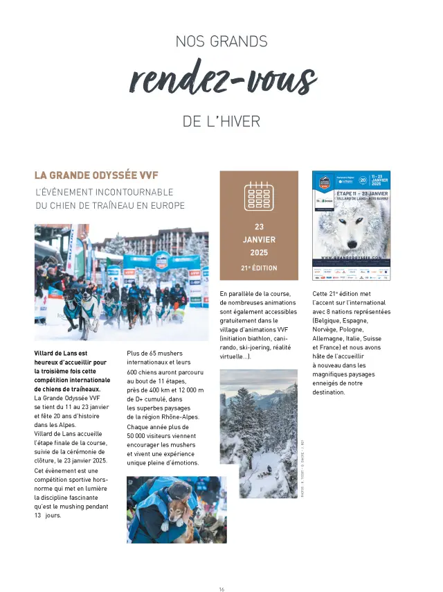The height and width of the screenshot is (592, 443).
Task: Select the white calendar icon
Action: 259,195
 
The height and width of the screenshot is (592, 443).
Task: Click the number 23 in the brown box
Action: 259,227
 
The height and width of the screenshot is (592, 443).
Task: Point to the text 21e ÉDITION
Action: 259,268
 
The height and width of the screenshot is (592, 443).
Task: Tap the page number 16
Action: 221,570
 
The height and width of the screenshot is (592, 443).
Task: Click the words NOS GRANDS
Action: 221,42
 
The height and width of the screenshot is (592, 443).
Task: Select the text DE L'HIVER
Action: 221,121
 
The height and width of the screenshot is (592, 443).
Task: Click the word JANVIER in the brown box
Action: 259,239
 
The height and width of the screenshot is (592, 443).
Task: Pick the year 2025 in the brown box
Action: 259,252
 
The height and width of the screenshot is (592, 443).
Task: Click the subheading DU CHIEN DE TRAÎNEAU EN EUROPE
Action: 110,205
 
